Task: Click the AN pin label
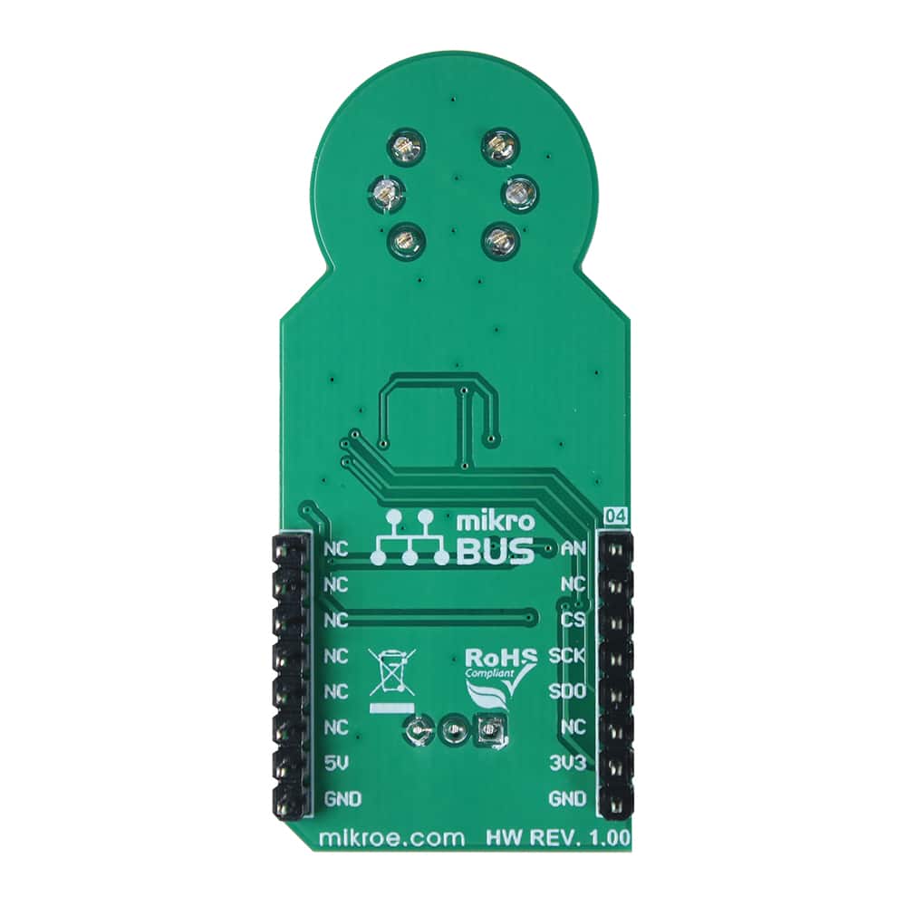click(x=573, y=549)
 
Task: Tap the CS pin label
click(x=573, y=620)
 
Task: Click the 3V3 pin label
click(x=567, y=763)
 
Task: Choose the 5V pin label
click(x=335, y=763)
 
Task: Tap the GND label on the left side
click(x=342, y=799)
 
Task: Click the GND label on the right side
click(x=567, y=799)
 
